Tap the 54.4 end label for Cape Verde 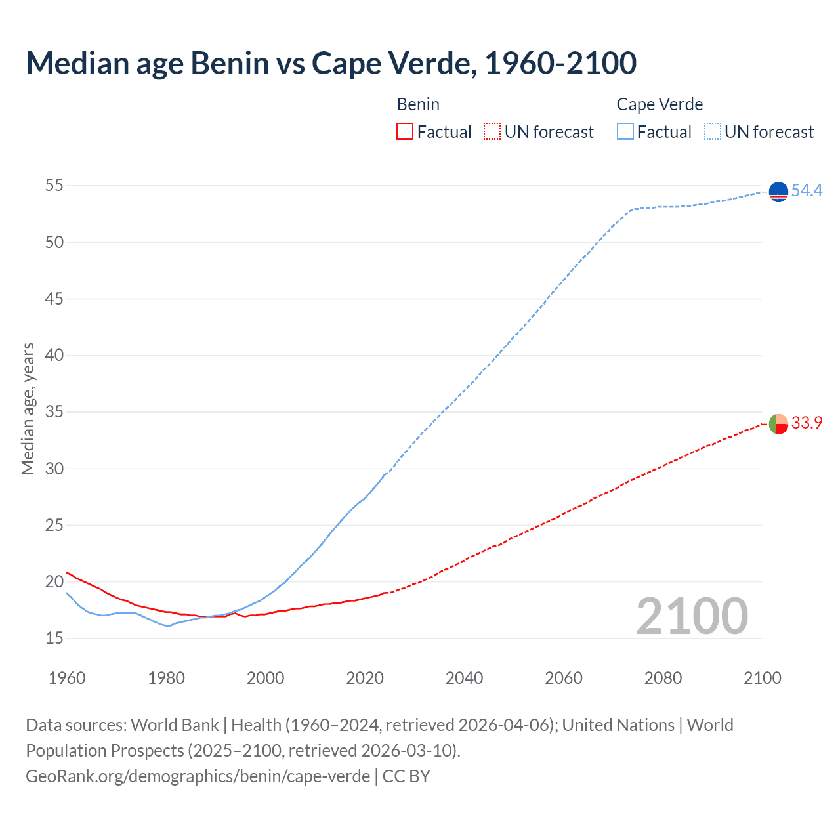click(x=807, y=190)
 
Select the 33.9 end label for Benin click(x=807, y=423)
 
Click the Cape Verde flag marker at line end click(x=778, y=192)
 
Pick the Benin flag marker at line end click(x=778, y=424)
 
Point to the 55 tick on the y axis click(x=54, y=186)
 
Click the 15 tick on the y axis click(x=54, y=638)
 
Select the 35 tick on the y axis click(x=54, y=412)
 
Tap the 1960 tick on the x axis click(x=67, y=677)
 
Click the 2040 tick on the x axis click(x=464, y=677)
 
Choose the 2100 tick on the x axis click(x=763, y=677)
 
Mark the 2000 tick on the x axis click(x=266, y=677)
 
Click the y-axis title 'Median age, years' click(x=28, y=408)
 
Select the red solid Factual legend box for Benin click(x=405, y=132)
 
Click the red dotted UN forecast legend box click(x=492, y=132)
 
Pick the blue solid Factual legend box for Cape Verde click(x=625, y=132)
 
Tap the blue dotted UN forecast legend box click(x=713, y=132)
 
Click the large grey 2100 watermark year click(x=692, y=616)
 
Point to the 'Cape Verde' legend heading click(x=660, y=104)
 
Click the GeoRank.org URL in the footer click(x=198, y=776)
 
